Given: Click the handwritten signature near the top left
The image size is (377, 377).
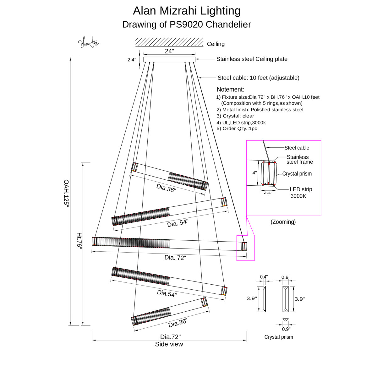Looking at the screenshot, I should pos(88,42).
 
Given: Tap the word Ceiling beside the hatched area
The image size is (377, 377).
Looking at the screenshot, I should pos(216,44).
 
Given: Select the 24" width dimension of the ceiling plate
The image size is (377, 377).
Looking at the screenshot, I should pos(169,52).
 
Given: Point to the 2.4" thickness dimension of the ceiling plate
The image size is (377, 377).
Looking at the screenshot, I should pos(132,60).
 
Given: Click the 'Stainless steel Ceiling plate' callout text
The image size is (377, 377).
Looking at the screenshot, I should pos(252,59).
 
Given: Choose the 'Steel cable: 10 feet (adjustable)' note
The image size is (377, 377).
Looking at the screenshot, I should pos(258,78).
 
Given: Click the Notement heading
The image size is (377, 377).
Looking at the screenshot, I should pos(230,90).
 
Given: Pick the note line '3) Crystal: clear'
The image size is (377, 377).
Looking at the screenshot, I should pos(235,116).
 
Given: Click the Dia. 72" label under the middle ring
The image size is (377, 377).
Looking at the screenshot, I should pos(175,258).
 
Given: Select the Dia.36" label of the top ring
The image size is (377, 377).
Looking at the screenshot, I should pos(166,188).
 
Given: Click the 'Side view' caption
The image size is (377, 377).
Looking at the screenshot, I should pos(169,344).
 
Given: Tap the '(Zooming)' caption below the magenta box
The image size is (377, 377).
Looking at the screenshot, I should pos(283,222).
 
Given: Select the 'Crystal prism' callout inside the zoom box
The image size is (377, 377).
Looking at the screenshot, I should pos(297,174).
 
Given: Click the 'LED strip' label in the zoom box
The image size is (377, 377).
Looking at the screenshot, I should pos(301,189).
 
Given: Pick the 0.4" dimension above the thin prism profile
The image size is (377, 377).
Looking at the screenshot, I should pos(264,277).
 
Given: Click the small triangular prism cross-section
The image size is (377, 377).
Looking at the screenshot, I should pos(285,320).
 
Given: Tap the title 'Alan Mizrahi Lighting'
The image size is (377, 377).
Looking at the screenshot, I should pos(187,11).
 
